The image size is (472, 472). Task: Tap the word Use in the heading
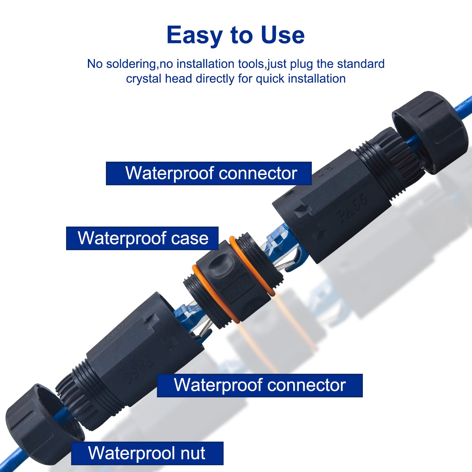tap(282, 35)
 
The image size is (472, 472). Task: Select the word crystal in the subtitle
tap(144, 79)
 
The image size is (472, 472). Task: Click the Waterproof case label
tap(142, 238)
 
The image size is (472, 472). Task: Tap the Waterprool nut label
tap(147, 453)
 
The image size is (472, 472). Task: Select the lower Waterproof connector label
tap(260, 385)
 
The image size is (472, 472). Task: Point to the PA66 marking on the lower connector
tap(139, 369)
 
